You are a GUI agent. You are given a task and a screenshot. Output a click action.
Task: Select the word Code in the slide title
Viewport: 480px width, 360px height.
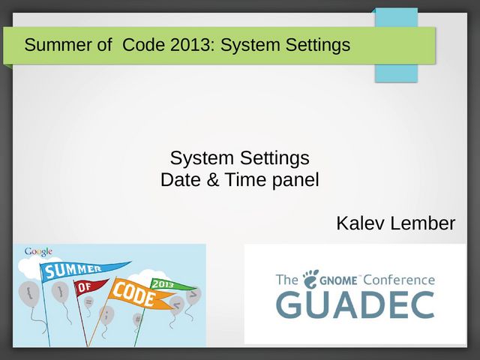pos(143,45)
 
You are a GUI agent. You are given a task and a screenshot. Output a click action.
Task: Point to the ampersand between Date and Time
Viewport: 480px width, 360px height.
pos(213,179)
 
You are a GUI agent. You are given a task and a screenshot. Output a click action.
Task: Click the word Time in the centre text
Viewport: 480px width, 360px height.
pos(246,179)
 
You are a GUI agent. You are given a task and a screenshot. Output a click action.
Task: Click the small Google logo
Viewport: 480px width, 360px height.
pos(38,252)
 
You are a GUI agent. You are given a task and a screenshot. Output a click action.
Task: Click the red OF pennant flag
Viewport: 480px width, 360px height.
pos(90,286)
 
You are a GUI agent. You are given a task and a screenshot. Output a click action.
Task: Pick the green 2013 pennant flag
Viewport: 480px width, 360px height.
pos(172,285)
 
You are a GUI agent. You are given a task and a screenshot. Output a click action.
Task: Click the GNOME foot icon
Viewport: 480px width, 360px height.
pos(310,279)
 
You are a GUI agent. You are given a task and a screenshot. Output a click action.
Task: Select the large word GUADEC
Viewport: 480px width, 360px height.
pos(355,305)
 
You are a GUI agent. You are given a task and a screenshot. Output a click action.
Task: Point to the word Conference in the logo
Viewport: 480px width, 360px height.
pos(399,280)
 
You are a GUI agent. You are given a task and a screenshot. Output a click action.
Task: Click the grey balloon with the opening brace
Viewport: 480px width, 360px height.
pos(28,293)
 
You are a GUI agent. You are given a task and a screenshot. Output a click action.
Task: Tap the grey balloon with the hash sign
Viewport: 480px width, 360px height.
pos(138,319)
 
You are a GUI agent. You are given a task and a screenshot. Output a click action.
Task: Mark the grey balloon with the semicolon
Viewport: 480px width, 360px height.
pos(106,315)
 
